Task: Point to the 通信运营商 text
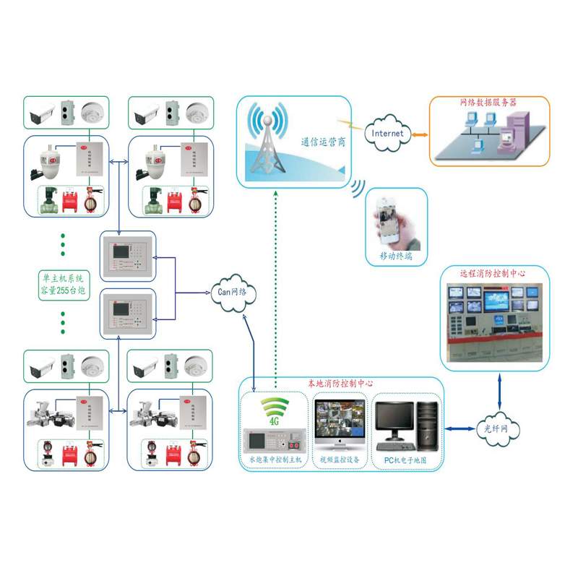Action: click(x=323, y=142)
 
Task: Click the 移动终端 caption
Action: click(x=396, y=256)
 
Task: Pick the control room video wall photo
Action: click(x=494, y=322)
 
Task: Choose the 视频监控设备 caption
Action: click(x=340, y=460)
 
